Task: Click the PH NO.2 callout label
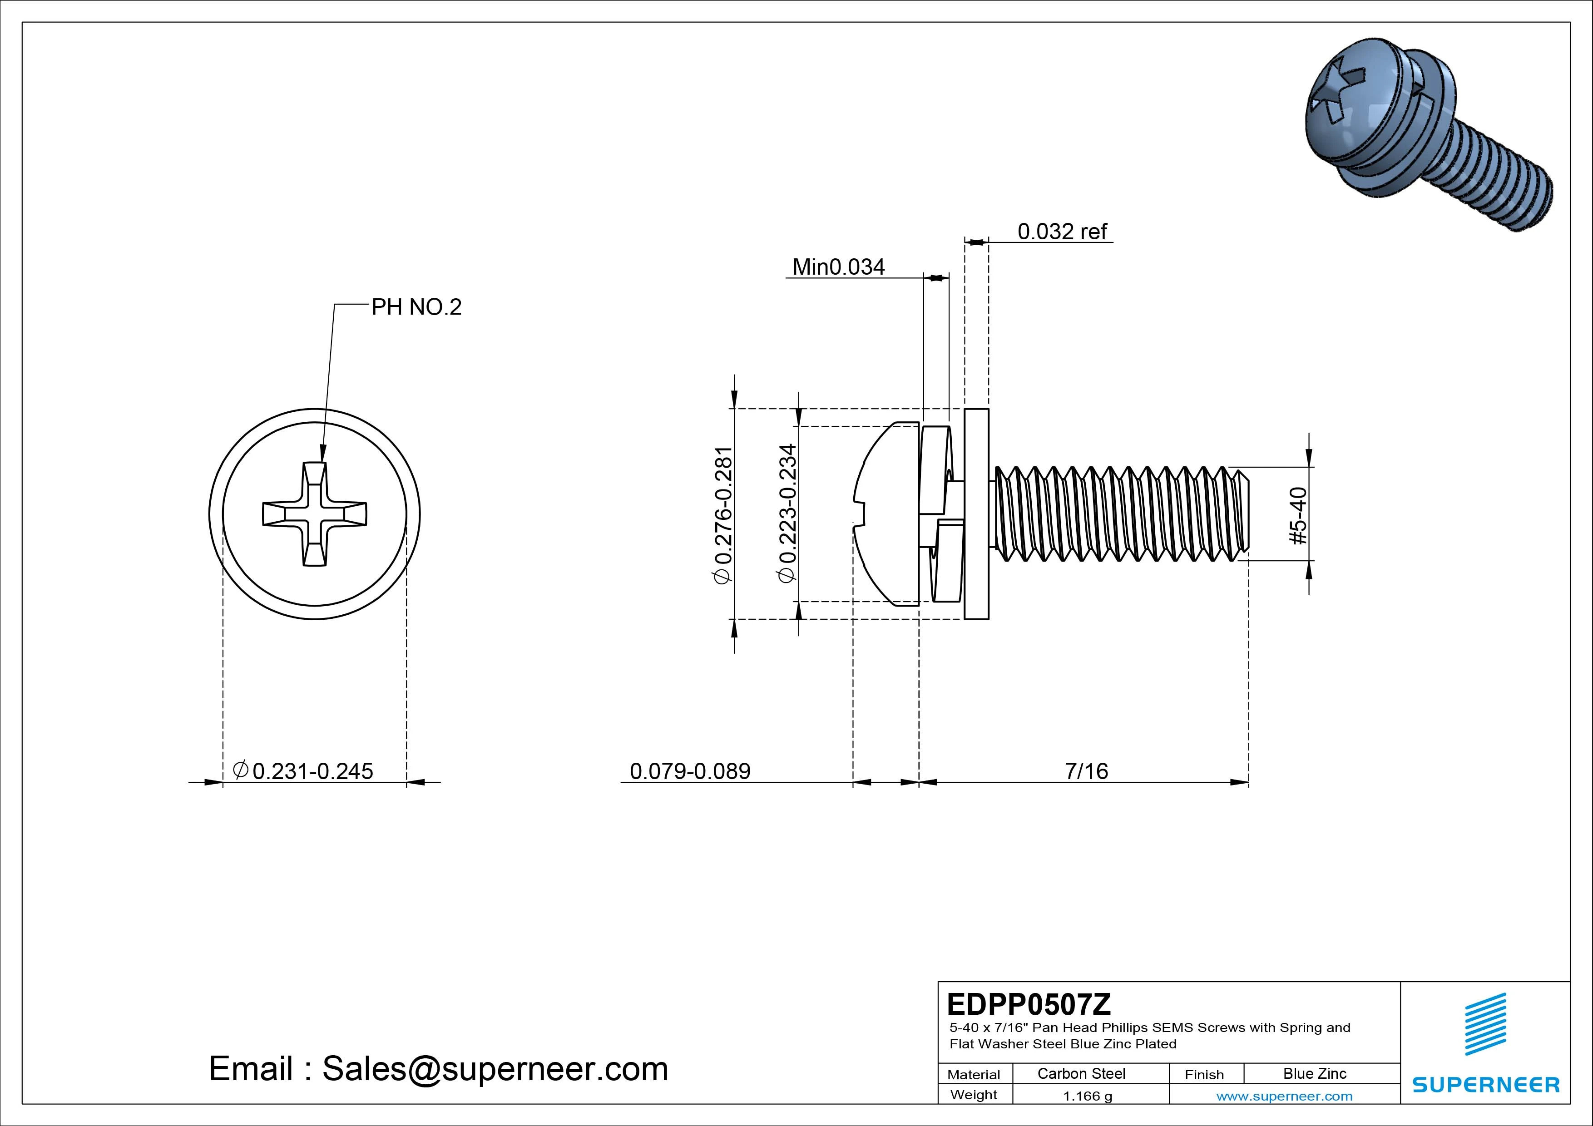point(416,306)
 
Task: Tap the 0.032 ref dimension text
point(1062,231)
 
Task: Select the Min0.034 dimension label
point(838,267)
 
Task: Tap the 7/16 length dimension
point(1087,771)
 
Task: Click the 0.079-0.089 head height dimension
point(690,771)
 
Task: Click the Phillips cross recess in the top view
point(314,514)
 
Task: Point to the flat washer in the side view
point(977,514)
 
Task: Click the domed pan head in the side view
point(885,514)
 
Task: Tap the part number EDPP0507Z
point(1028,1003)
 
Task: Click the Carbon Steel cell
point(1081,1073)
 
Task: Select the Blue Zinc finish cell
point(1314,1073)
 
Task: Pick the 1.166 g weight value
point(1087,1096)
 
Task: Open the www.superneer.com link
point(1284,1096)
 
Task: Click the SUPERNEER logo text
point(1485,1084)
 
